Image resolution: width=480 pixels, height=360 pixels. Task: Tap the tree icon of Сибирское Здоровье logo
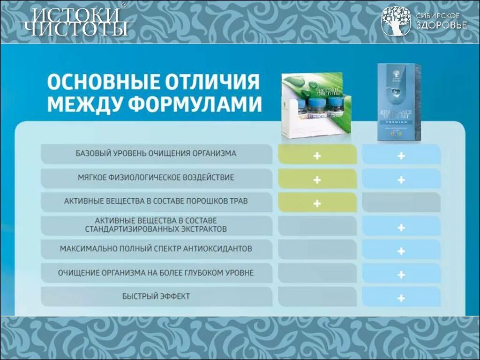[x=396, y=21]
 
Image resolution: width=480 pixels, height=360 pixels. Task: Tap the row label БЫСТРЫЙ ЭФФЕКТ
[x=156, y=297]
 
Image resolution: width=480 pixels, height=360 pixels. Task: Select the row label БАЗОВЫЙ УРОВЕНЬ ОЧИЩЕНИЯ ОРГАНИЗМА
[x=156, y=154]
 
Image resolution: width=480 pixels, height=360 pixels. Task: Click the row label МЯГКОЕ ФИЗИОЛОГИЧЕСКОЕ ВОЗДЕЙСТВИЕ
[x=156, y=178]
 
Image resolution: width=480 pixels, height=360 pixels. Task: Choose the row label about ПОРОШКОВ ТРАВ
[x=156, y=202]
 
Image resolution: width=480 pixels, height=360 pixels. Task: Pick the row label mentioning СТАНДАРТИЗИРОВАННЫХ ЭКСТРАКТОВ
[x=156, y=225]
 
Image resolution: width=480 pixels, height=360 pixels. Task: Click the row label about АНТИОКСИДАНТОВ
[x=156, y=249]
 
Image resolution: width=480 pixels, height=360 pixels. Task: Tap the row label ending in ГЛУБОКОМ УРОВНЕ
[x=156, y=273]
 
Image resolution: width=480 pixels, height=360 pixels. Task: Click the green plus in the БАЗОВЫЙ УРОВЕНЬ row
[x=317, y=155]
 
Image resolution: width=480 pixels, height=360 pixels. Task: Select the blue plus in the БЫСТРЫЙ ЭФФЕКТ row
[x=401, y=298]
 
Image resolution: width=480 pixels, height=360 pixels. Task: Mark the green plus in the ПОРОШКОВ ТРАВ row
[x=317, y=203]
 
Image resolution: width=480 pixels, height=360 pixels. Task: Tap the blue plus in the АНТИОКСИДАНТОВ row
[x=401, y=251]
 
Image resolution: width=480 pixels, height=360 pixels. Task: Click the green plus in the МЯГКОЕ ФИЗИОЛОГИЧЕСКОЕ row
[x=317, y=180]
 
